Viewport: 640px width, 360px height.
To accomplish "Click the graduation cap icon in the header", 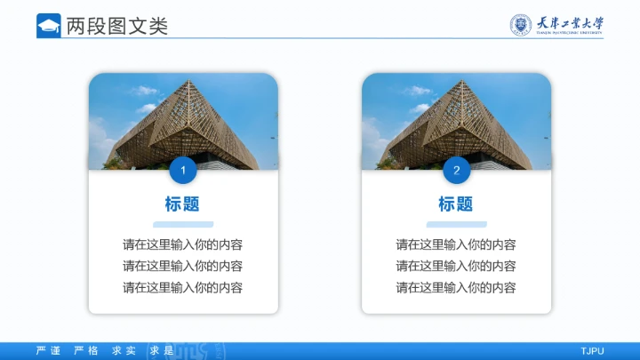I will click(x=49, y=26).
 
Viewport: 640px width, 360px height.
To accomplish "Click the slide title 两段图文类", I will click(x=116, y=26).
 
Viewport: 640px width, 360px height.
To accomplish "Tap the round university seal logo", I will click(x=519, y=25).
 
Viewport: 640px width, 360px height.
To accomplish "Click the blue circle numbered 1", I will click(x=182, y=170).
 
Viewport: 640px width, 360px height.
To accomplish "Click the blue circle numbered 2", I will click(x=456, y=170).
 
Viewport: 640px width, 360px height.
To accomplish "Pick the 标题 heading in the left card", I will click(x=182, y=204).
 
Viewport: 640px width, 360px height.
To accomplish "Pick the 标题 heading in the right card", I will click(x=456, y=204).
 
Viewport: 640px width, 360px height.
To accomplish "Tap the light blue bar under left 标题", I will click(x=182, y=224).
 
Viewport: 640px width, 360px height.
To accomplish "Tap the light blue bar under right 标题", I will click(x=456, y=224).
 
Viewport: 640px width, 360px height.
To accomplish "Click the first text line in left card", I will click(x=182, y=244).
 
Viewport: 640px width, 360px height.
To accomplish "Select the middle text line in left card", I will click(x=182, y=266).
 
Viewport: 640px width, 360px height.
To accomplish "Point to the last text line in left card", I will click(x=182, y=287).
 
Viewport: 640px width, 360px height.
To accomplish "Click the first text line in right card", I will click(x=456, y=244).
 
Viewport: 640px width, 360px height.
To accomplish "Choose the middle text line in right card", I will click(x=456, y=266).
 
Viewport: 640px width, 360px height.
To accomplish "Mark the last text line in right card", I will click(x=456, y=287).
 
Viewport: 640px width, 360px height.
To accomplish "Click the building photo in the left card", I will click(x=182, y=120).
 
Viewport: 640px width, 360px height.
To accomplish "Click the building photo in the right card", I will click(x=456, y=120).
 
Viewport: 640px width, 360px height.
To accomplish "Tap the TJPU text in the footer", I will click(x=592, y=351).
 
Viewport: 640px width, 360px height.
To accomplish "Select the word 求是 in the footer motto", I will click(x=161, y=351).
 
